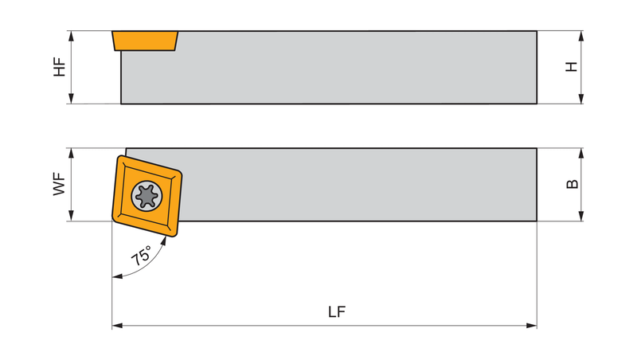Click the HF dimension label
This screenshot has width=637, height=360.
click(x=59, y=67)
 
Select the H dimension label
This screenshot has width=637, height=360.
click(x=572, y=67)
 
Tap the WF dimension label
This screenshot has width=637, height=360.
click(x=59, y=184)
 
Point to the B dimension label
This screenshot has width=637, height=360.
click(x=572, y=184)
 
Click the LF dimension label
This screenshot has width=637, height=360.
click(x=337, y=311)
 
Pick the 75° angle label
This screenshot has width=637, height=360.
click(x=142, y=256)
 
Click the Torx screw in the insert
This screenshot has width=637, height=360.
click(x=147, y=196)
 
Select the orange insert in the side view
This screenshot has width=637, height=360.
click(x=145, y=41)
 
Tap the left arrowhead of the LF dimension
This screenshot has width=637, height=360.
click(x=117, y=326)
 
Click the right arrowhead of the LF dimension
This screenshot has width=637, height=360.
click(x=531, y=326)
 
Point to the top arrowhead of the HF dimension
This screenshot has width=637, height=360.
click(x=72, y=36)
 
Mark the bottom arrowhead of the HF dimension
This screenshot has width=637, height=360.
click(x=72, y=98)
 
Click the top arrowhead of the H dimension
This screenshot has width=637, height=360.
click(x=581, y=36)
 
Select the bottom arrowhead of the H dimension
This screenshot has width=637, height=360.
click(x=581, y=98)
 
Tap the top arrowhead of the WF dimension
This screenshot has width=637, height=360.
click(x=72, y=154)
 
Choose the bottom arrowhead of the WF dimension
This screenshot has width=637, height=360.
click(x=72, y=216)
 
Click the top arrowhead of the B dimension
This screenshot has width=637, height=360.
click(x=581, y=154)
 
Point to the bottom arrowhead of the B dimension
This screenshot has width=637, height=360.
click(x=581, y=216)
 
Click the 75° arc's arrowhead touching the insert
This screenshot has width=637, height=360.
click(x=164, y=241)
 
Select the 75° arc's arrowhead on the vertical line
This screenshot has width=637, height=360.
click(x=117, y=276)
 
